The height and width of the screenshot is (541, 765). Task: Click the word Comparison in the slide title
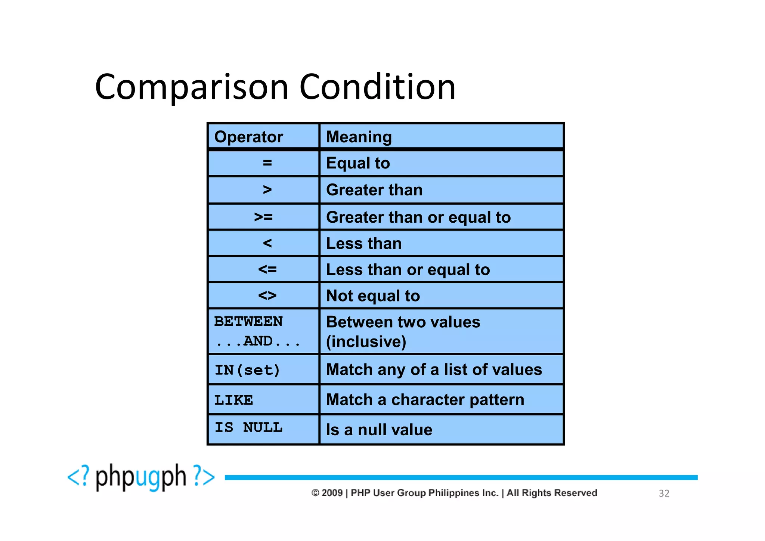(192, 87)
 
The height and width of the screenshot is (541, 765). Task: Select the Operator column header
(248, 137)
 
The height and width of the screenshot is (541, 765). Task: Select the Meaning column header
(359, 137)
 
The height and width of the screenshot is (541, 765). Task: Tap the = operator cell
(267, 163)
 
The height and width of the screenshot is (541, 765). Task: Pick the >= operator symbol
(263, 217)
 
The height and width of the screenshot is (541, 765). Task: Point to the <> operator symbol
(267, 296)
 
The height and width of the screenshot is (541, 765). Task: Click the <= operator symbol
(267, 269)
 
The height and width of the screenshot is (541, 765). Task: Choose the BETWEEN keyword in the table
(248, 321)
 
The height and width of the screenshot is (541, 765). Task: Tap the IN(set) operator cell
(247, 370)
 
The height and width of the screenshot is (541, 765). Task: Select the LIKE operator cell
(234, 400)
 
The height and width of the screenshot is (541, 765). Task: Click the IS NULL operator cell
(248, 427)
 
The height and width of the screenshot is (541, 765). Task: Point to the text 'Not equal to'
(373, 296)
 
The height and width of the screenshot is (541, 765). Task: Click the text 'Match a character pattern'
(425, 400)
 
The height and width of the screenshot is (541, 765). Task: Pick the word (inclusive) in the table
(366, 341)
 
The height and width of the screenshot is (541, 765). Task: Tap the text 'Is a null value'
(379, 430)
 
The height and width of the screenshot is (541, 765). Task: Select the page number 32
(664, 493)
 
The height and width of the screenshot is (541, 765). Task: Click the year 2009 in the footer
(332, 493)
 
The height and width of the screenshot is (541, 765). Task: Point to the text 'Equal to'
(358, 163)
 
